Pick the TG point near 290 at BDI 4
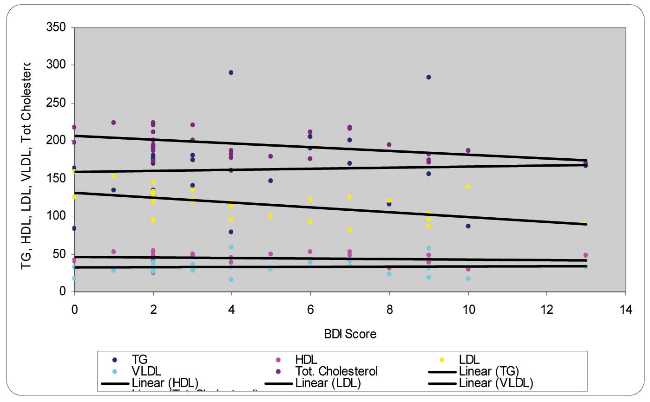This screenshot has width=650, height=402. click(x=231, y=72)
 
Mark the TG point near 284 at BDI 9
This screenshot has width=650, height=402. click(x=428, y=77)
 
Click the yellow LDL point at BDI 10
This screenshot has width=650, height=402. click(x=468, y=187)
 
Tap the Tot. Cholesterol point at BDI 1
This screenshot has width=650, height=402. click(x=113, y=123)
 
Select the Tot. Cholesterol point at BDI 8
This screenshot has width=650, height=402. click(x=389, y=145)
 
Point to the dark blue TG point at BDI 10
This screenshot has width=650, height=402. click(x=468, y=226)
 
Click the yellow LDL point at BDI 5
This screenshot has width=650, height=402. click(x=270, y=216)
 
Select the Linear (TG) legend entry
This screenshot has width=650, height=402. click(x=488, y=371)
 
